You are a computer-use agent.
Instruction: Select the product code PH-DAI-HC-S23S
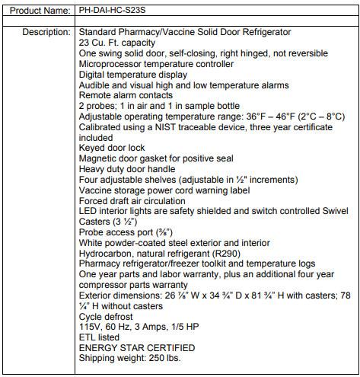(119, 13)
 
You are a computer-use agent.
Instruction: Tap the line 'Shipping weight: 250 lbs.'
(130, 359)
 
